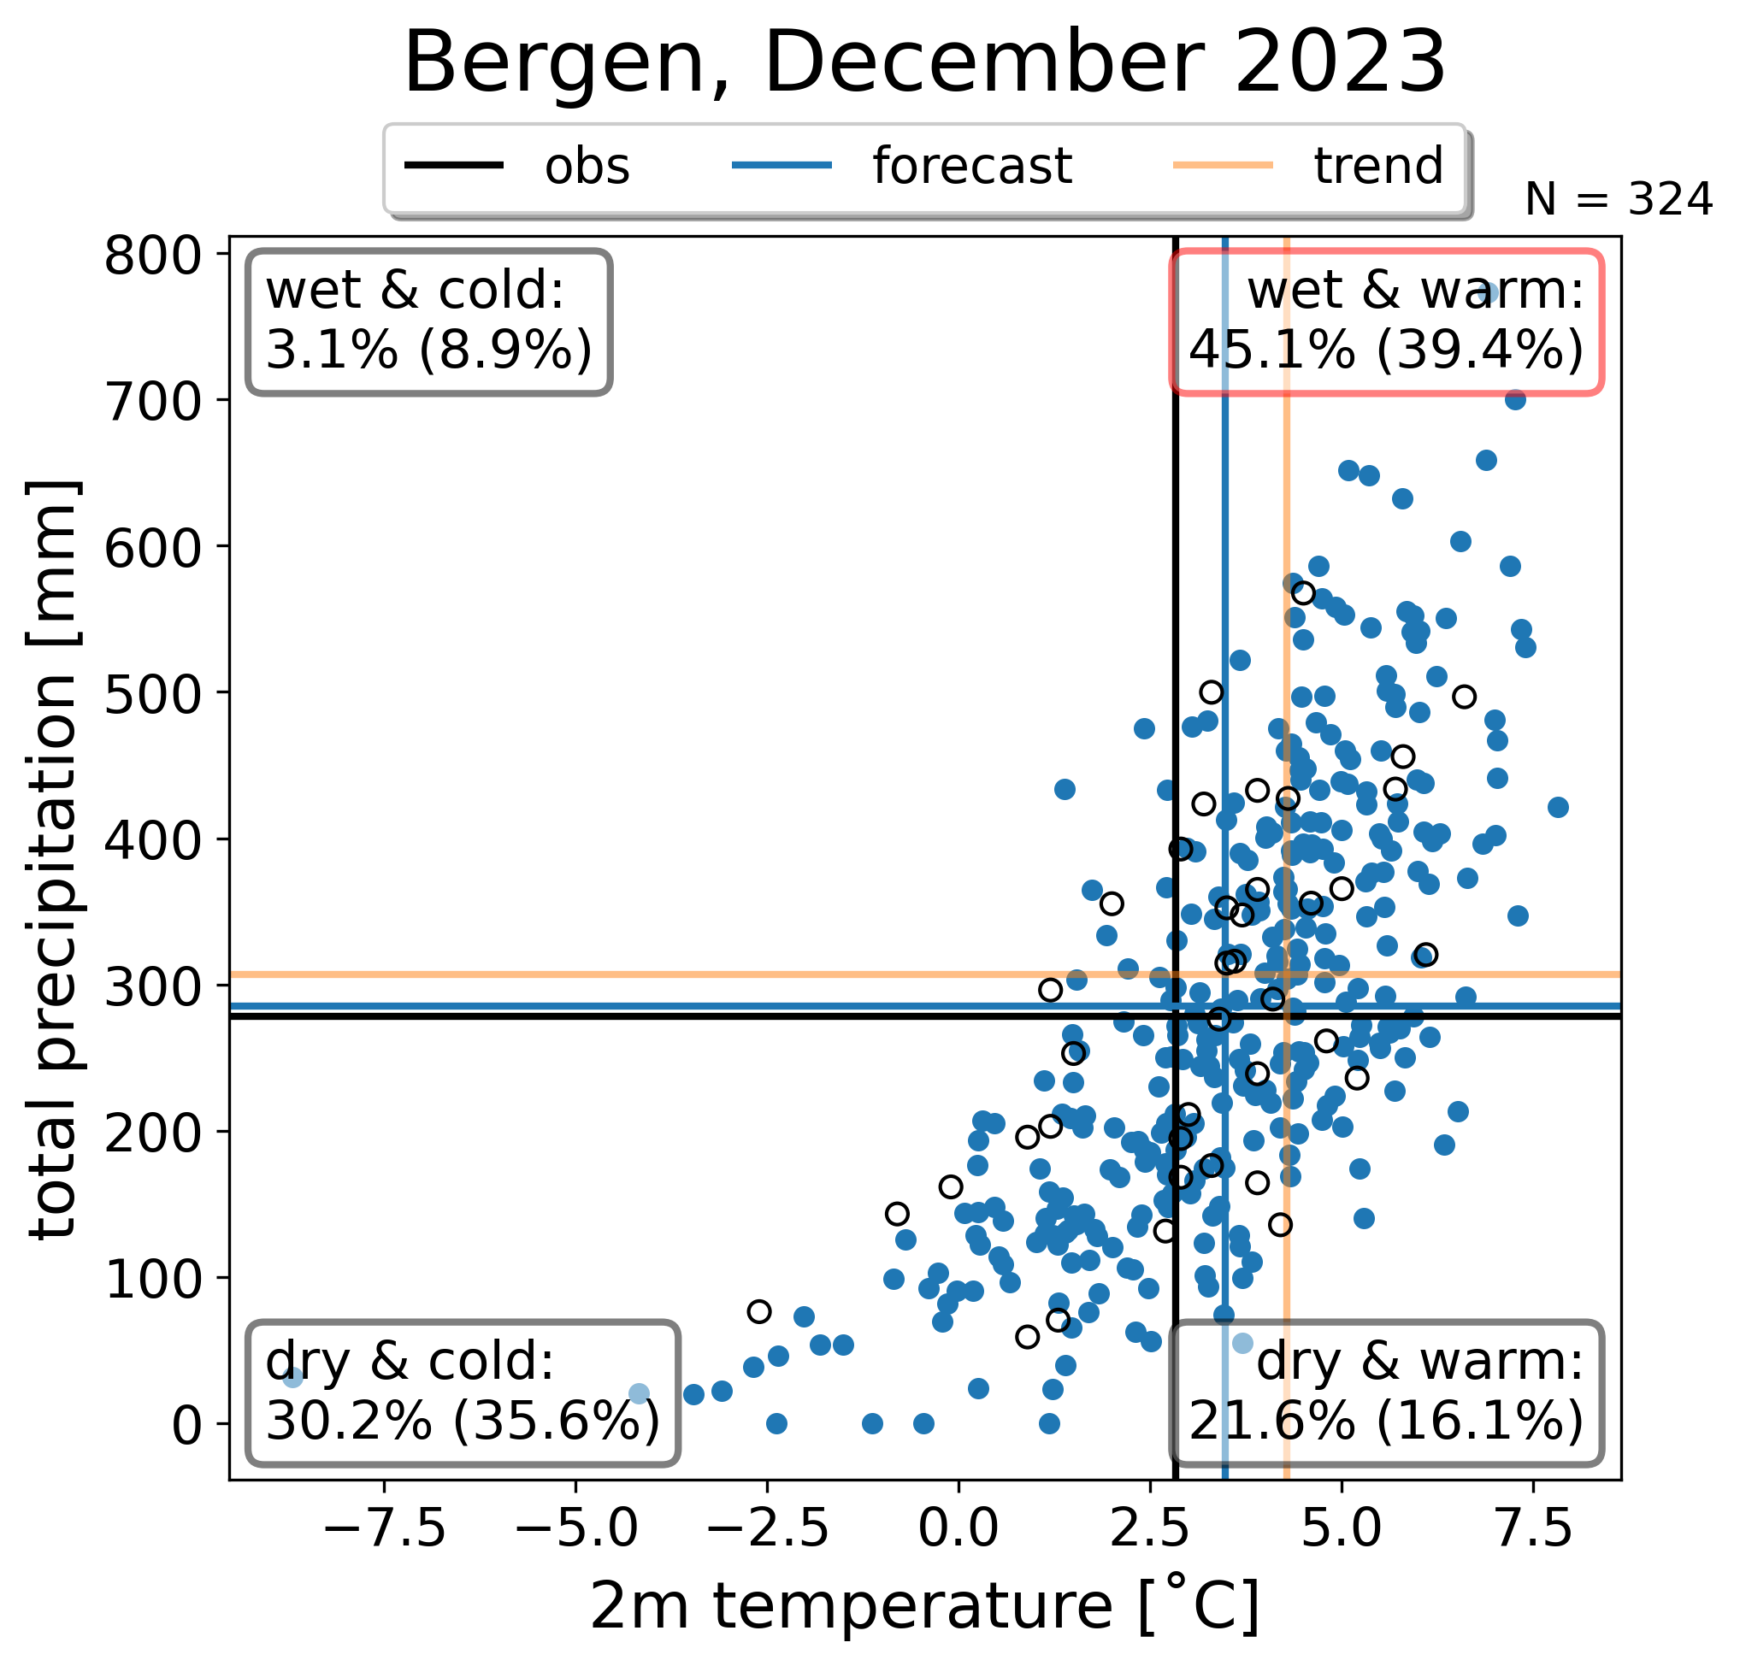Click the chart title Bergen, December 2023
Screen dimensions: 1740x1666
pos(925,63)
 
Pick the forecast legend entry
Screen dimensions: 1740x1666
pos(902,166)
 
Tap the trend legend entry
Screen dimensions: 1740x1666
pos(1309,166)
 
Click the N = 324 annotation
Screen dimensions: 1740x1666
pos(1619,200)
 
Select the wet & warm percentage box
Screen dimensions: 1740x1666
pos(1387,322)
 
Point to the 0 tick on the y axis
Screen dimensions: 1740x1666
pos(190,1425)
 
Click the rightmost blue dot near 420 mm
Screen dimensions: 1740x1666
pos(1558,807)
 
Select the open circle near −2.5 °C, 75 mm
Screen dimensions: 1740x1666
pos(759,1311)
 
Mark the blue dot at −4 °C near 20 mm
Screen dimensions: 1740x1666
pos(640,1393)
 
